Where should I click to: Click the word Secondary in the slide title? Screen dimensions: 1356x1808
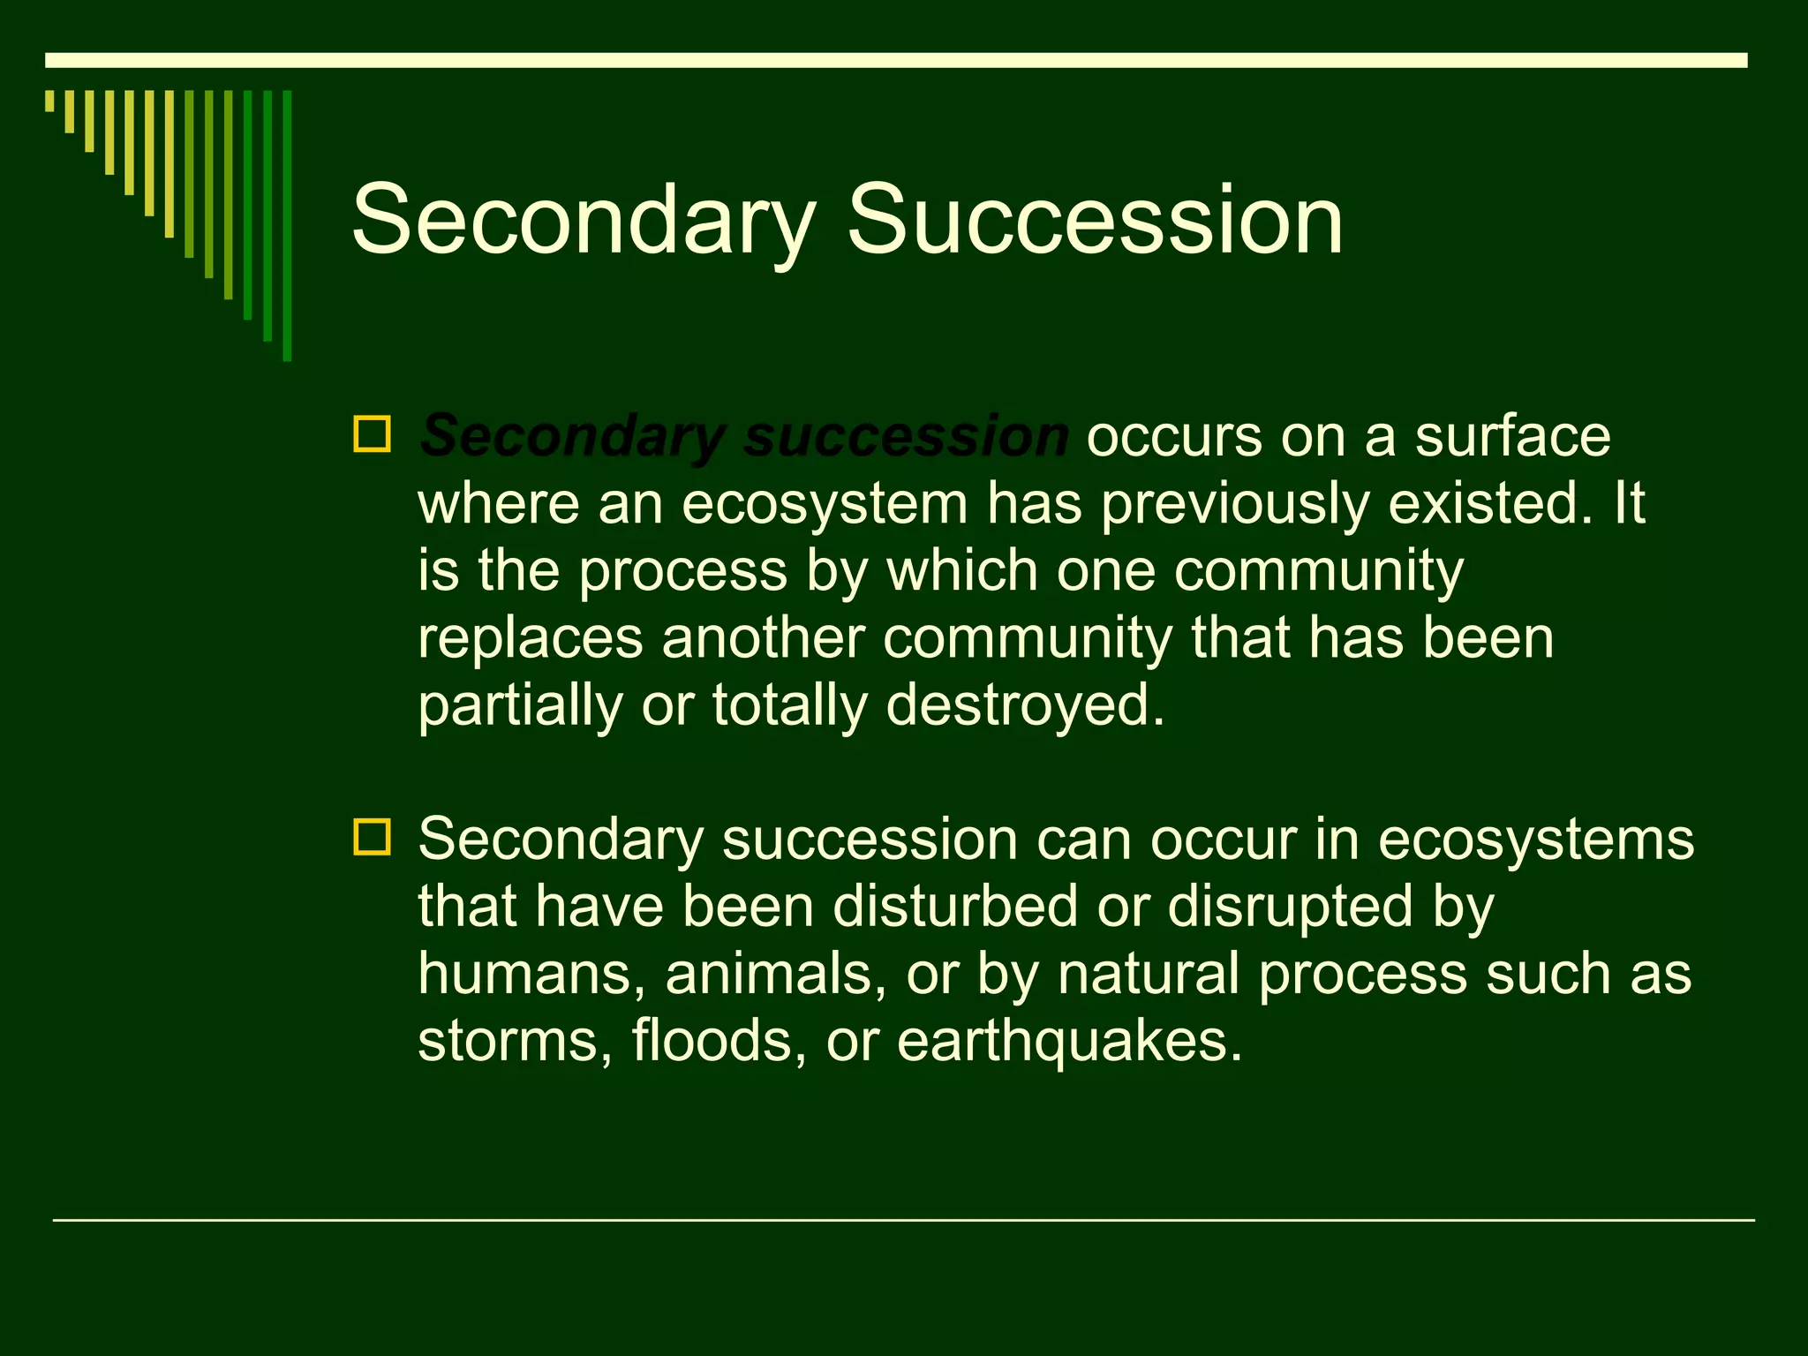tap(583, 221)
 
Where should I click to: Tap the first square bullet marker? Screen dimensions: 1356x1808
tap(372, 434)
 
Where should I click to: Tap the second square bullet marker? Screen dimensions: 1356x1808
tap(372, 836)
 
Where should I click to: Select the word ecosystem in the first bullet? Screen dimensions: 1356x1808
tap(825, 505)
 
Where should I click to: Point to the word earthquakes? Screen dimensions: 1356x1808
tap(1068, 1042)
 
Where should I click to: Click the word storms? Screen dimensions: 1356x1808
tap(515, 1042)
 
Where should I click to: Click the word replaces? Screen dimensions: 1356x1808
tap(531, 639)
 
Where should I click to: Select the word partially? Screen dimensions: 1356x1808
tap(520, 706)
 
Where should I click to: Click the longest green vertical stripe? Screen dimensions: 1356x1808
tap(287, 225)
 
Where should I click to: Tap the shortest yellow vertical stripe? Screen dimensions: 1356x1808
tap(49, 101)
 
